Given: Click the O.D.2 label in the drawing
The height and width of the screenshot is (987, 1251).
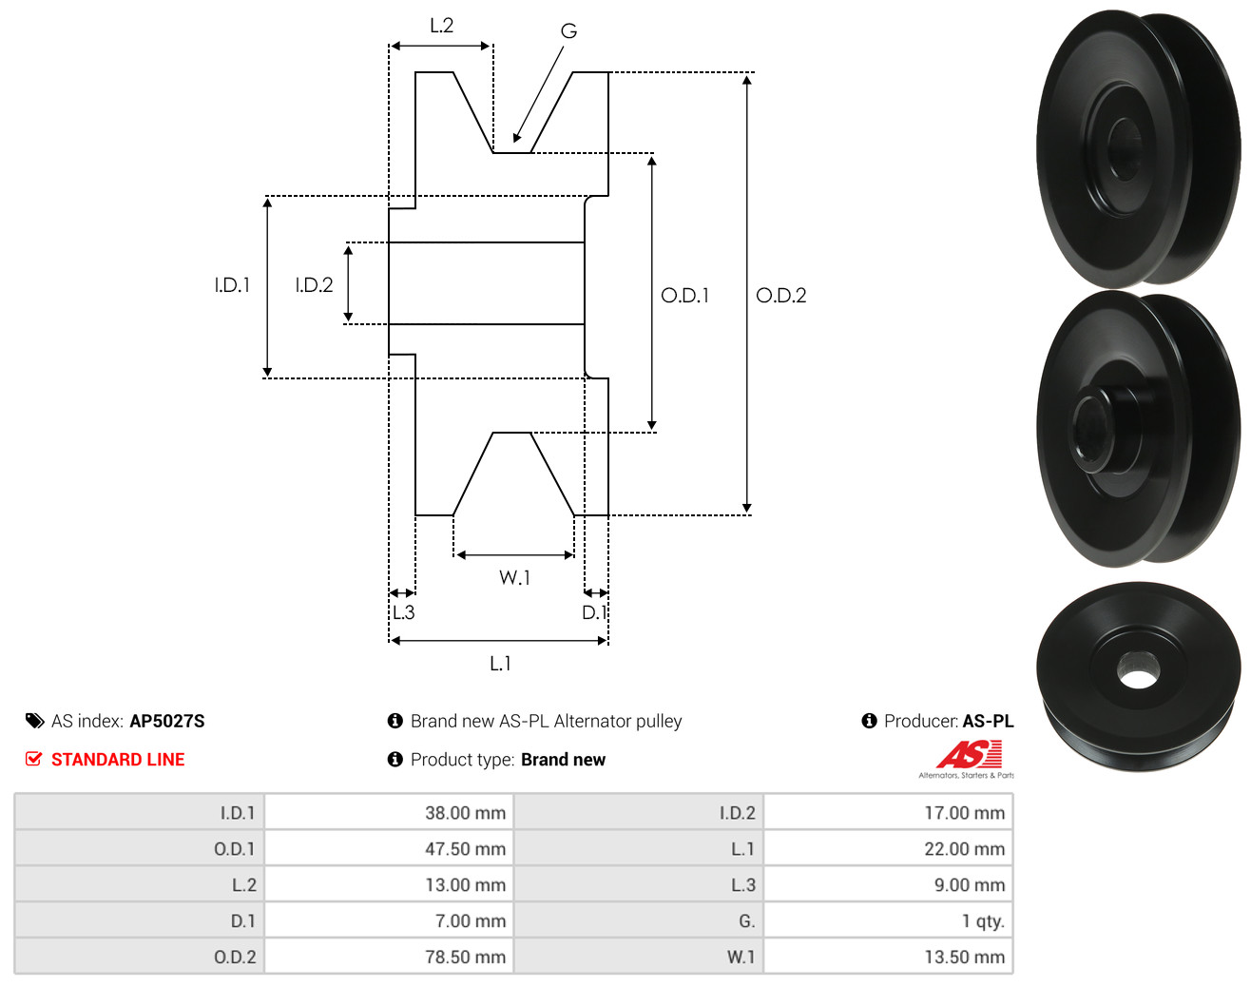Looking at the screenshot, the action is pyautogui.click(x=780, y=296).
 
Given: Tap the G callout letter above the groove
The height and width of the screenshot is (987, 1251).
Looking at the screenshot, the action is pyautogui.click(x=568, y=30).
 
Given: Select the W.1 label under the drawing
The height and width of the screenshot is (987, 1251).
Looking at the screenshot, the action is pyautogui.click(x=514, y=577).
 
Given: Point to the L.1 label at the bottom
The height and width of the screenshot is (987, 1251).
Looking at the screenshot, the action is pyautogui.click(x=500, y=664).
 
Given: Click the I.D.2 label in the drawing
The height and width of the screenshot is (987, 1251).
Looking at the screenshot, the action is pyautogui.click(x=314, y=285).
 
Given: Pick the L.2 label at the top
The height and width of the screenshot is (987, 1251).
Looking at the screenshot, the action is pyautogui.click(x=441, y=26).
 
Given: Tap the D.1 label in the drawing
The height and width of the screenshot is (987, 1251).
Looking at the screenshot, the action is pyautogui.click(x=594, y=612).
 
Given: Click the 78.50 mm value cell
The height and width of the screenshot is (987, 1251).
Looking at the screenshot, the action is pyautogui.click(x=389, y=957).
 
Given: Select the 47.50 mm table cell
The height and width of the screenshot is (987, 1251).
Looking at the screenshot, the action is pyautogui.click(x=389, y=848).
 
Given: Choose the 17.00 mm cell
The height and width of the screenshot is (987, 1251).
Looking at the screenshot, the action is pyautogui.click(x=888, y=812).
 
